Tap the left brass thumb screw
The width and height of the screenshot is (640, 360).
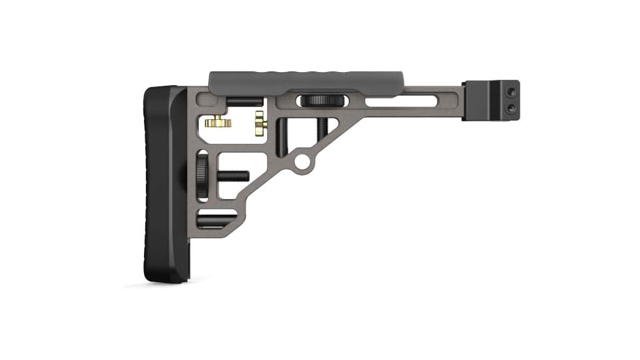[215, 122]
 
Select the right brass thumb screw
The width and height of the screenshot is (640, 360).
[260, 120]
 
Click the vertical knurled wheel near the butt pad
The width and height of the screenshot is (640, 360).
[202, 175]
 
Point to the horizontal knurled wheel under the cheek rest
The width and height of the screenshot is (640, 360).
[319, 100]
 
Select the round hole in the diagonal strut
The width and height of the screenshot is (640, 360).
[303, 160]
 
